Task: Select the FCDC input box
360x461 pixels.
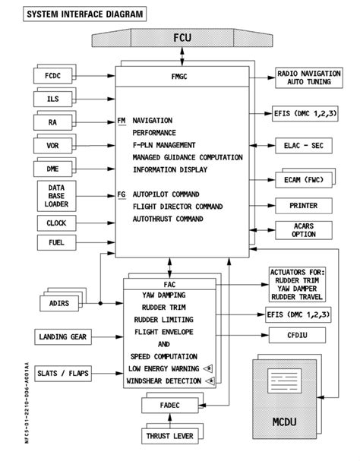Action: (53, 75)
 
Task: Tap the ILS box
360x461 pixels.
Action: (53, 99)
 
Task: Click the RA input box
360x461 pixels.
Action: (53, 122)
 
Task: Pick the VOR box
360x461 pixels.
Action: (53, 145)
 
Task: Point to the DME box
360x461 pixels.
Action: (53, 169)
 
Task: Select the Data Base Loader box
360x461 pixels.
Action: (53, 195)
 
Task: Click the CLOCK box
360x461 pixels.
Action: (53, 223)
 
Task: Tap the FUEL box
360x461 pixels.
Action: (53, 244)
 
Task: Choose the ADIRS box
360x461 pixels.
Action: (53, 304)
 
